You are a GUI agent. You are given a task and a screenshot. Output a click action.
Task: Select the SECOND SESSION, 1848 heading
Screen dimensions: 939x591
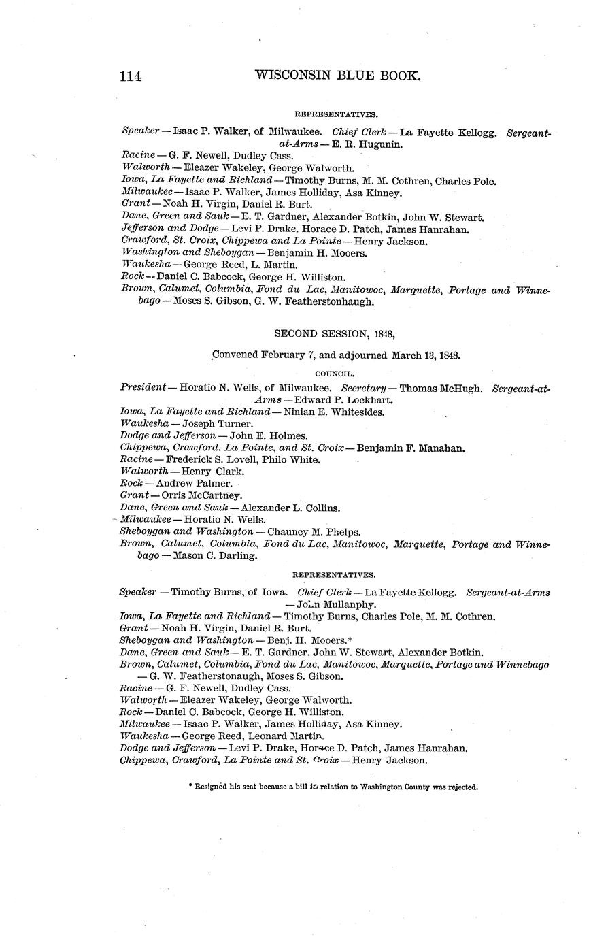coord(334,333)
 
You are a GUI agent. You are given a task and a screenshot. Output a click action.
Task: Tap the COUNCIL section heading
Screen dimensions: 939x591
coord(334,374)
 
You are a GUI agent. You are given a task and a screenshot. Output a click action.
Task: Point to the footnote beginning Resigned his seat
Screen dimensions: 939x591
coord(333,787)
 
